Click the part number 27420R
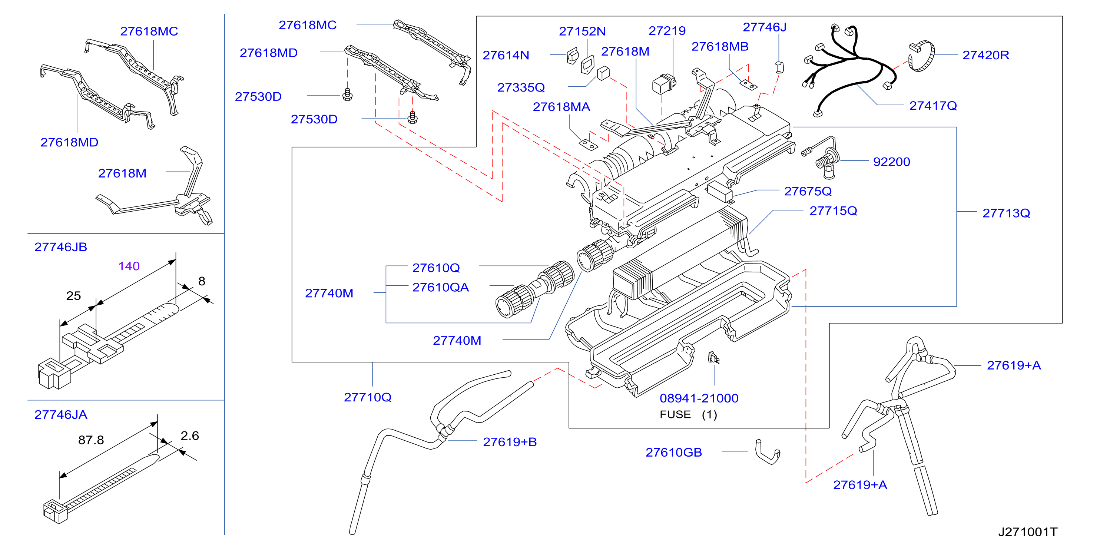pos(985,55)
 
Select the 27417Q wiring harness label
pos(933,106)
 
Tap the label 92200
pos(892,162)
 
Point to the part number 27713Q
pos(1006,213)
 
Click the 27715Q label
pos(833,211)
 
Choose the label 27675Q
pos(808,191)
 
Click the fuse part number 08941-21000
pos(699,398)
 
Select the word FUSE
pos(675,415)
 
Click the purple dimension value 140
pos(129,266)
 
